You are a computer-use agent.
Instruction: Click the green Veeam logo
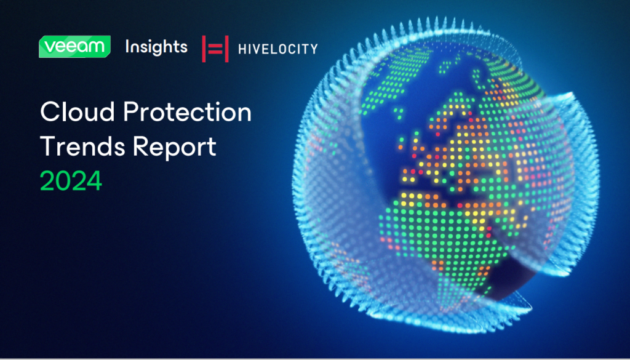point(74,47)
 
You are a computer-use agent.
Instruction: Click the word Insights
point(156,48)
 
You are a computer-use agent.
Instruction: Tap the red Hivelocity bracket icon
point(215,49)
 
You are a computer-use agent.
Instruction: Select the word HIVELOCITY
point(277,49)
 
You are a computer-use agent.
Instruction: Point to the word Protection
point(187,112)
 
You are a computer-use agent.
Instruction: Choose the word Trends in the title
point(83,146)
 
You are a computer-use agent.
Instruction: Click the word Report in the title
point(175,148)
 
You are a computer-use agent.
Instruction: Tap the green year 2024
point(71,181)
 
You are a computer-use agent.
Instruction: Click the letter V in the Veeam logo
point(49,47)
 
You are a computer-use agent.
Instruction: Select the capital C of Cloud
point(50,112)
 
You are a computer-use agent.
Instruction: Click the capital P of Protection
point(131,112)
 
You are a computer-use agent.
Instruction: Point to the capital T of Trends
point(49,146)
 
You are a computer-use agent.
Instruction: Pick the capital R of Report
point(141,146)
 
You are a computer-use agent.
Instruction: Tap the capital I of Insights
point(127,46)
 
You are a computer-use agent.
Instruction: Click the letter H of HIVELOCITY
point(242,49)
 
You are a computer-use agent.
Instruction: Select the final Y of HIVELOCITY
point(313,49)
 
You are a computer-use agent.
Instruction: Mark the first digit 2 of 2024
point(47,181)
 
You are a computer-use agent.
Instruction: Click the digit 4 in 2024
point(94,181)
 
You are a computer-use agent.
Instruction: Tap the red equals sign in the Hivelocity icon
point(215,49)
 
